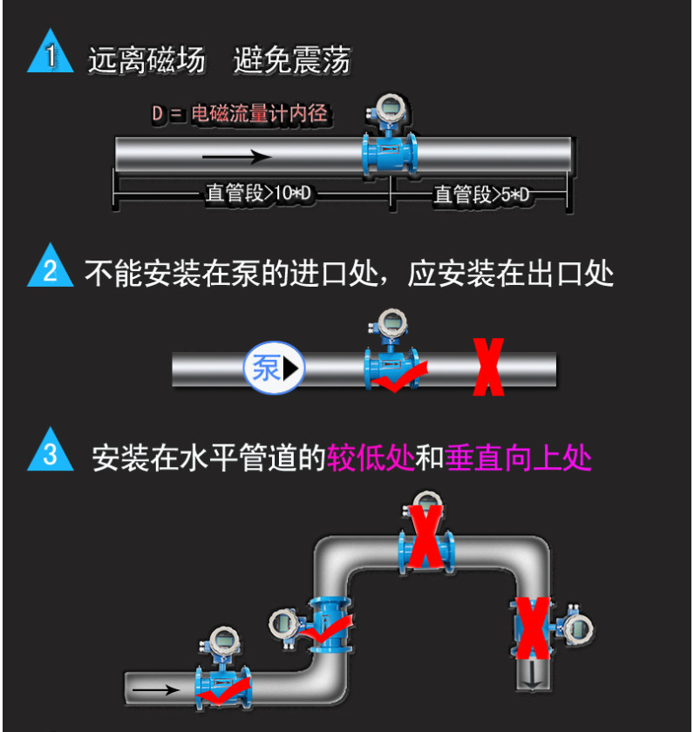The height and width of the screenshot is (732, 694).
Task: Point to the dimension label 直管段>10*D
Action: click(259, 194)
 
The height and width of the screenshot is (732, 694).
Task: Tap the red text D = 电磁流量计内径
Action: click(241, 113)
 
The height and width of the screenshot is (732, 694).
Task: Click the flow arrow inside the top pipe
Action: click(236, 158)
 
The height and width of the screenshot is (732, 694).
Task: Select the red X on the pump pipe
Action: click(488, 368)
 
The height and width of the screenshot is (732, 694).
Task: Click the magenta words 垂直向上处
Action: click(518, 456)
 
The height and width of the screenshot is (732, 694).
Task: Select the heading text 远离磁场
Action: click(146, 60)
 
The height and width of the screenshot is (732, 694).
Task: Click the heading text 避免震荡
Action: click(292, 60)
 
